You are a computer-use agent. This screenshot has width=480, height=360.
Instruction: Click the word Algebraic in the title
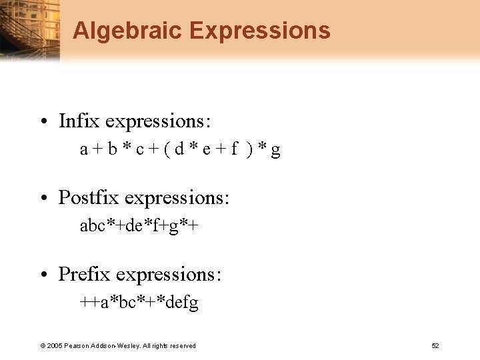pos(127,31)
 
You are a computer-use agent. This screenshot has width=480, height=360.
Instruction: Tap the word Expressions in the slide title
pos(259,31)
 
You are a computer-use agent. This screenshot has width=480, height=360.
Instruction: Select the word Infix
pos(79,121)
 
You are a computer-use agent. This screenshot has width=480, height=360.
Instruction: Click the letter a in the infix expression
pos(84,151)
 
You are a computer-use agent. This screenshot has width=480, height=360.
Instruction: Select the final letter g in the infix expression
pos(275,151)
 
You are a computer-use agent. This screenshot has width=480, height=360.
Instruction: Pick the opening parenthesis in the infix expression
pos(165,150)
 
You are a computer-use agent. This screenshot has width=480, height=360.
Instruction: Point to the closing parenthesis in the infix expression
pos(249,150)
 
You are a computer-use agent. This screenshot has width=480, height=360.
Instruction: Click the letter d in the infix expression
pos(179,150)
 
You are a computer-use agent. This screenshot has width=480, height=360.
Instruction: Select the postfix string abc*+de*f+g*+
pos(139,227)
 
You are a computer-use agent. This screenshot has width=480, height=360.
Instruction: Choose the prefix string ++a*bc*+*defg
pos(139,303)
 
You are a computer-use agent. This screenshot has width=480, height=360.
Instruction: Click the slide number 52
pos(435,345)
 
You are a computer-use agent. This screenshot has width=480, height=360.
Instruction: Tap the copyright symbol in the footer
pos(43,345)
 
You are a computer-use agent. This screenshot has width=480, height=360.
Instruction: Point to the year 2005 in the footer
pos(54,345)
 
